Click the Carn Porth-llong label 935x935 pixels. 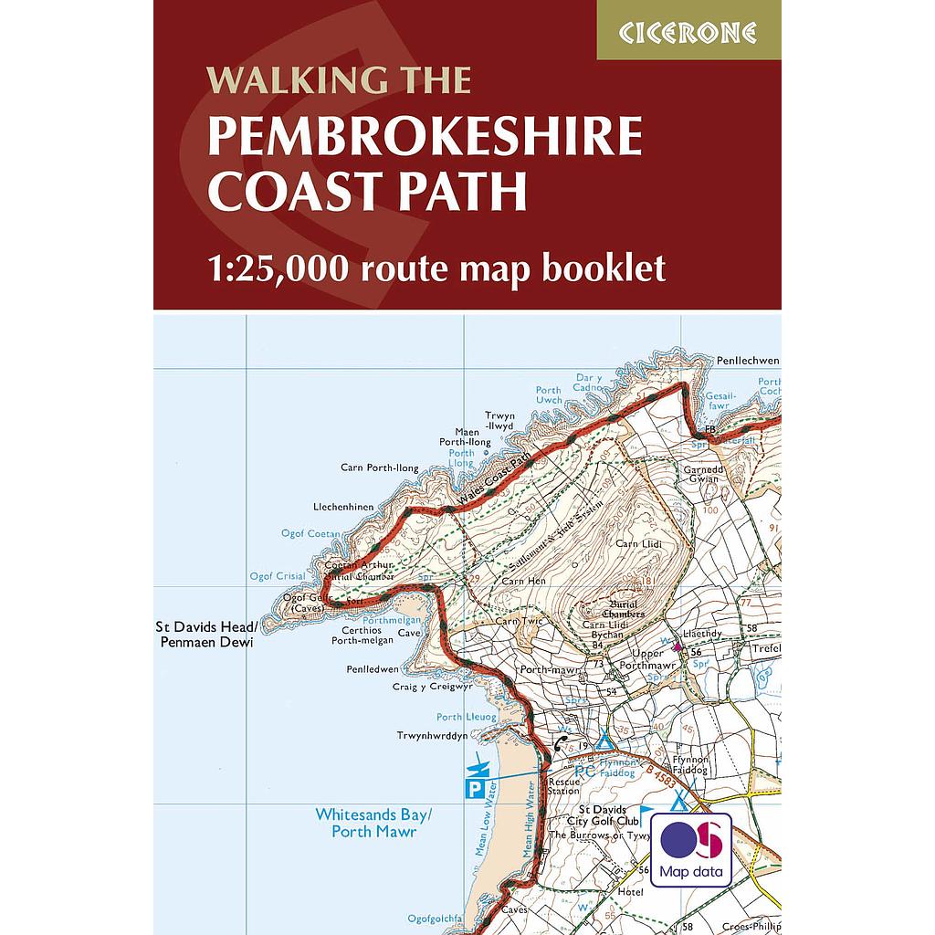click(x=379, y=468)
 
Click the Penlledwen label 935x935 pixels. click(x=372, y=669)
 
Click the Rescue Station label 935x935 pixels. click(x=563, y=786)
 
